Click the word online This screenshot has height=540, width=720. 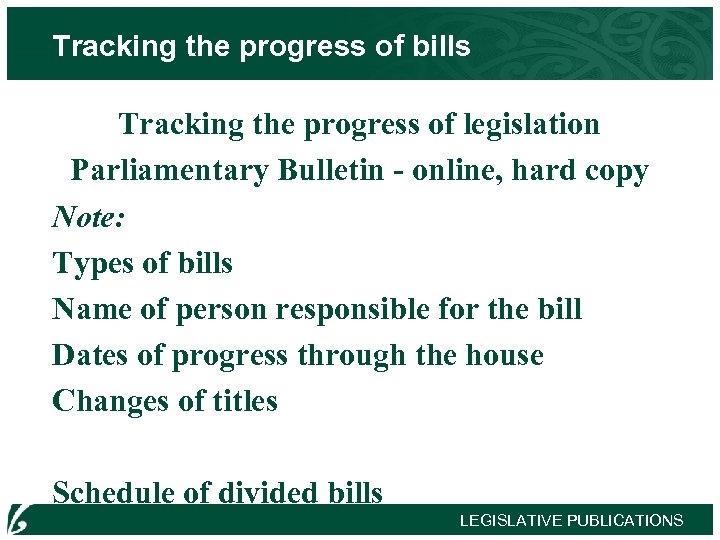click(453, 171)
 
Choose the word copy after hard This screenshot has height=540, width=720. click(613, 172)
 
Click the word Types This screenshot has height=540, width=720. click(93, 264)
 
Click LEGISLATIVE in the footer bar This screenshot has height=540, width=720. click(511, 520)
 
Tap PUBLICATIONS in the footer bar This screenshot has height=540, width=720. click(625, 520)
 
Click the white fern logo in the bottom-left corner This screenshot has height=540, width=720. click(19, 519)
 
